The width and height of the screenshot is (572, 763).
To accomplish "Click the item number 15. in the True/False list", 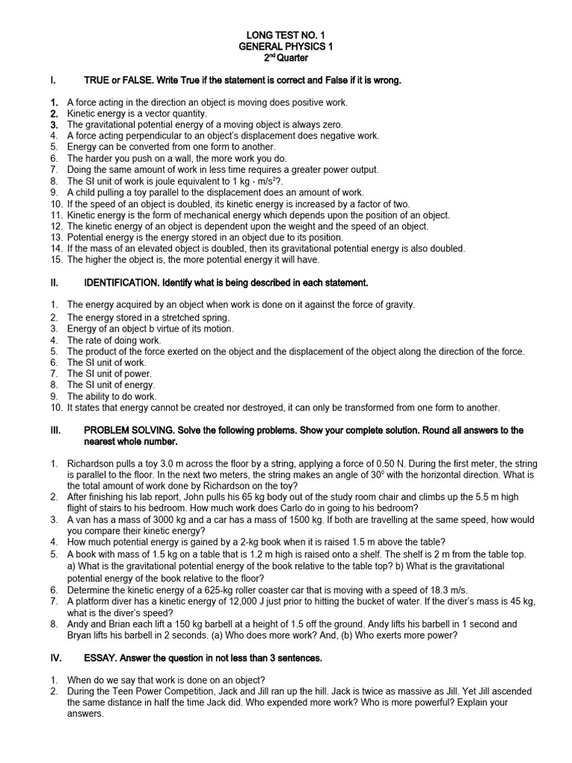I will [57, 259].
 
